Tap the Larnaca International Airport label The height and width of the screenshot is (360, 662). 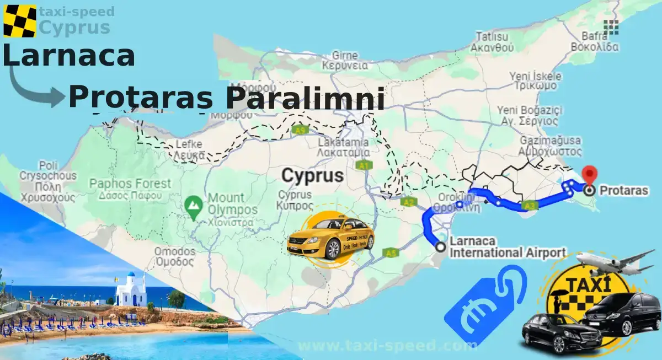(x=507, y=247)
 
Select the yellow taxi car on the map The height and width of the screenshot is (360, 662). (x=330, y=238)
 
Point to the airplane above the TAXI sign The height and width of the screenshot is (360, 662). (x=615, y=262)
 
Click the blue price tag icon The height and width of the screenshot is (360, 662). (x=484, y=303)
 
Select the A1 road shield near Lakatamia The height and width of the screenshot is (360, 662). (x=363, y=165)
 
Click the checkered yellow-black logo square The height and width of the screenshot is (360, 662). (x=19, y=21)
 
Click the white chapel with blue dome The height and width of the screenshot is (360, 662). (x=130, y=292)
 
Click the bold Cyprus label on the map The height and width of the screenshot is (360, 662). (x=312, y=175)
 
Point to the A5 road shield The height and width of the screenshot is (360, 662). (x=391, y=253)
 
